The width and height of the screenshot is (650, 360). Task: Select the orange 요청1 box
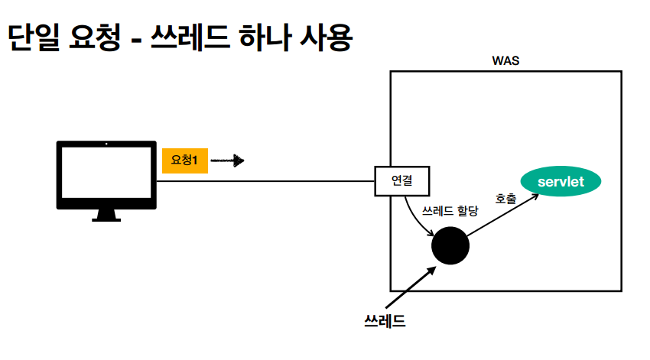pyautogui.click(x=184, y=161)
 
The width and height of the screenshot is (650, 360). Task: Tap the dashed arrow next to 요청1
pyautogui.click(x=227, y=161)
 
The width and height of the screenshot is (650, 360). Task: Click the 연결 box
pyautogui.click(x=402, y=181)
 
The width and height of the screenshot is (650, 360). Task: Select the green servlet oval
pyautogui.click(x=561, y=181)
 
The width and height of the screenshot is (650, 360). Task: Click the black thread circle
pyautogui.click(x=450, y=246)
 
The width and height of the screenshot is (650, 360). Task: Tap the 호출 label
pyautogui.click(x=505, y=199)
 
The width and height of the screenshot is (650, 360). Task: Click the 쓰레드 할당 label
pyautogui.click(x=451, y=208)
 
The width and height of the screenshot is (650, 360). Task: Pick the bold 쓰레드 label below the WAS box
pyautogui.click(x=385, y=320)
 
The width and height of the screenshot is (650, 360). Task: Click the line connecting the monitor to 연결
pyautogui.click(x=268, y=181)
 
